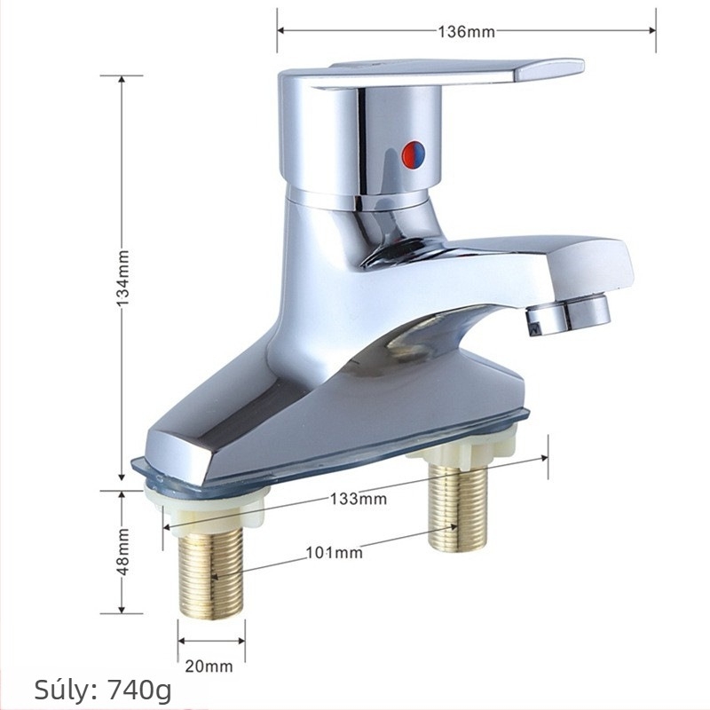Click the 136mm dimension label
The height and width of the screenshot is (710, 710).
click(x=466, y=32)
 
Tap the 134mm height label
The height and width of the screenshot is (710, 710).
click(x=123, y=278)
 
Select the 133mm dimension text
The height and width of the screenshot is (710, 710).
click(x=359, y=499)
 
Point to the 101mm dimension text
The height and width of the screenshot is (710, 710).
click(x=335, y=553)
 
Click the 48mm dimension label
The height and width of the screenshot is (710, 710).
click(x=123, y=551)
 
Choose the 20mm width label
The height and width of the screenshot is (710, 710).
click(x=209, y=667)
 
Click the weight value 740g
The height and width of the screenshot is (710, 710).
click(x=139, y=690)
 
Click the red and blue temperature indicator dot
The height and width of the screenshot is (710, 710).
click(x=414, y=154)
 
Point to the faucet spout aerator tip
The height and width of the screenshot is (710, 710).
click(x=569, y=314)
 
